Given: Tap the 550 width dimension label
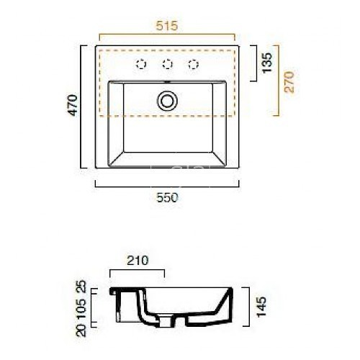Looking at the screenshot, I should [x=166, y=196].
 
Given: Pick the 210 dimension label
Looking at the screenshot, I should [x=136, y=261].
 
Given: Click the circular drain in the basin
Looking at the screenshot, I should [x=168, y=100].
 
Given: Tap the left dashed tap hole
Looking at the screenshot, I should [x=141, y=65].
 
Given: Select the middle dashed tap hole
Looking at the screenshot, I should [x=167, y=65].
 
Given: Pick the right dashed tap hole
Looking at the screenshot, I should [x=193, y=65].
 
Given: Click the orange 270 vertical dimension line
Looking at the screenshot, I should [x=278, y=79].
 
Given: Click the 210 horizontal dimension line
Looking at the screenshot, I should [x=136, y=271].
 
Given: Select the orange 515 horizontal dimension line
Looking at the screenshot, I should [x=166, y=35].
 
